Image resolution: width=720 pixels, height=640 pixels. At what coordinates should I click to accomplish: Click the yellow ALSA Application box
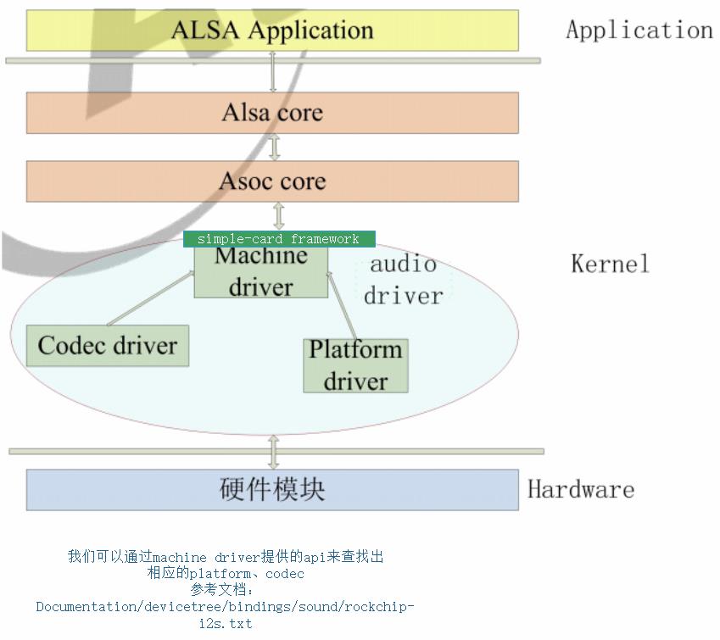272,31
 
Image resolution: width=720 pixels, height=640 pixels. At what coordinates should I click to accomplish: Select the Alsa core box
272,113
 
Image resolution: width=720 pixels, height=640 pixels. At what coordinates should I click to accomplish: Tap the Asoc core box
272,181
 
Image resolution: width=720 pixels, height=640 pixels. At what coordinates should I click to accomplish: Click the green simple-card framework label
279,239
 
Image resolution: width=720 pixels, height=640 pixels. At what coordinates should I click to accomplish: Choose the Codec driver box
108,346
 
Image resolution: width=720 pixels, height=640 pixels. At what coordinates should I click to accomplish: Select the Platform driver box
355,365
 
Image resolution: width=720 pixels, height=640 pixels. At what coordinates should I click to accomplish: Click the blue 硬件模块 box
272,490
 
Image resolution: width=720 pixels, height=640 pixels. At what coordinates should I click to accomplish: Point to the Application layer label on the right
639,31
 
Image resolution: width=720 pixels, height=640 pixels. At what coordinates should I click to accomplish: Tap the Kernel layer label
610,264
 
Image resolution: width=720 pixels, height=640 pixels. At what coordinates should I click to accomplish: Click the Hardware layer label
581,490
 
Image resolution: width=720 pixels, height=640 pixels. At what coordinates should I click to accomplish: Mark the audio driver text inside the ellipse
404,280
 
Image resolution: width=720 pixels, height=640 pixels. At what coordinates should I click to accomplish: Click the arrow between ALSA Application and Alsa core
272,72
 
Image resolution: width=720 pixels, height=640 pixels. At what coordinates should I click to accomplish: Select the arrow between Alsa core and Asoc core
274,147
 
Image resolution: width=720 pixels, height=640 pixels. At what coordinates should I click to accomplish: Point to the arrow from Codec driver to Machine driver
151,298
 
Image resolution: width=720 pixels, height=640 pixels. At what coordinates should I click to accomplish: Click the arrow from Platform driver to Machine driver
342,305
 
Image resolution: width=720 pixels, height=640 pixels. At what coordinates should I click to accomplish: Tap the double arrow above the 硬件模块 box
273,452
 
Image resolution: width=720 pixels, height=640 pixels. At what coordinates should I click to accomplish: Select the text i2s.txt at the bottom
226,623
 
